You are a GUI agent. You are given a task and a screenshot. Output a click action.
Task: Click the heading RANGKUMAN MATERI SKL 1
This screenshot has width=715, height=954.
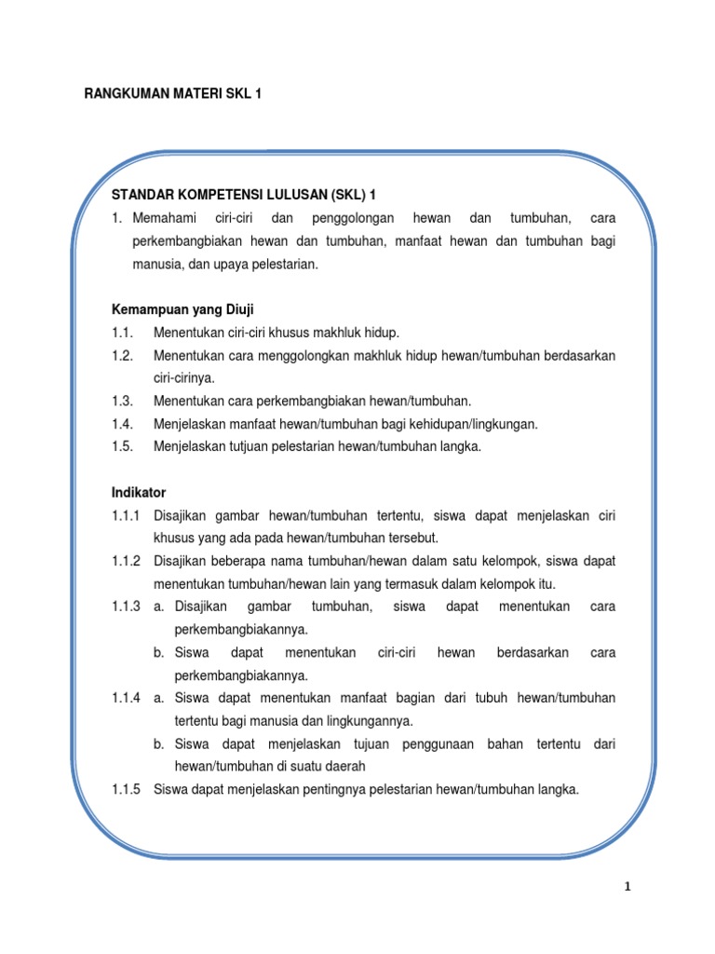[x=173, y=94]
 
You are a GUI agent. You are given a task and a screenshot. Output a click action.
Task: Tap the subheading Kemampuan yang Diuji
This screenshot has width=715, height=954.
[x=183, y=309]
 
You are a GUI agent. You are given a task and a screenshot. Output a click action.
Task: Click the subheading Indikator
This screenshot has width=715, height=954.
[x=139, y=492]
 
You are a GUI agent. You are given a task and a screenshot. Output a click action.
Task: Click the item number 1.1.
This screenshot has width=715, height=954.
[x=121, y=333]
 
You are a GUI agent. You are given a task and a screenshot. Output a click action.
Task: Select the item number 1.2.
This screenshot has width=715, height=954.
[x=122, y=356]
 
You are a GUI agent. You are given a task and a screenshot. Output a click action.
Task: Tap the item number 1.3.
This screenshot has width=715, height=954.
[x=122, y=401]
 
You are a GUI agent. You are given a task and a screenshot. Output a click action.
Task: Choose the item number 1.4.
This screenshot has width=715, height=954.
[x=122, y=424]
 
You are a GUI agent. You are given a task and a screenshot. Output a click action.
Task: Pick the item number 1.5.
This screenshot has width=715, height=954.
[x=122, y=446]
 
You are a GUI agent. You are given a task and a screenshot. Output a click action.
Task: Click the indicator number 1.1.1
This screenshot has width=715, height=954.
[x=126, y=515]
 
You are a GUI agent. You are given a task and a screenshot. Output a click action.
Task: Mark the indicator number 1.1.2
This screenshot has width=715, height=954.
[x=126, y=561]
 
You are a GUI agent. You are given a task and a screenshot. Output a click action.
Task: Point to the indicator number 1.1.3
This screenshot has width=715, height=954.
[x=126, y=606]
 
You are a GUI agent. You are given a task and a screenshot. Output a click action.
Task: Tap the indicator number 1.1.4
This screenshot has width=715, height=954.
[x=126, y=698]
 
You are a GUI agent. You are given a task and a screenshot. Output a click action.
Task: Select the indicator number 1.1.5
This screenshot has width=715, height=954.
[x=126, y=789]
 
